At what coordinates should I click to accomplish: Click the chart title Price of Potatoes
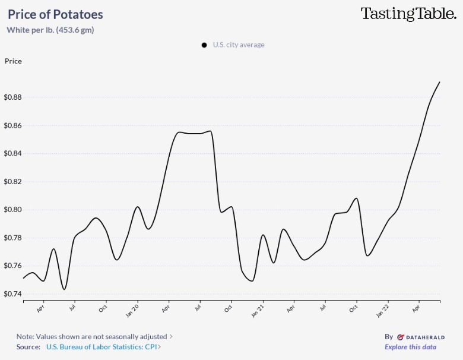(55, 15)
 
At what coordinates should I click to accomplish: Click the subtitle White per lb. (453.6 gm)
(50, 30)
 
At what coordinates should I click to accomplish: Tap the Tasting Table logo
(408, 14)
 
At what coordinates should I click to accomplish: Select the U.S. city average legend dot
(204, 45)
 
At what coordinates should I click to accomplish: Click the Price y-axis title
(13, 61)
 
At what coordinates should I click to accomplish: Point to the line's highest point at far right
(439, 82)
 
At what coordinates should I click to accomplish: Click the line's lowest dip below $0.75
(64, 289)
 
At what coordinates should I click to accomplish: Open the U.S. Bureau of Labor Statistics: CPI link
(103, 347)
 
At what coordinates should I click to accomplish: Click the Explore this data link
(410, 347)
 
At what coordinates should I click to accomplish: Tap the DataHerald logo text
(421, 337)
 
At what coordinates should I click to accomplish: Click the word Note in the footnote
(25, 337)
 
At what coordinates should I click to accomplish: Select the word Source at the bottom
(28, 347)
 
